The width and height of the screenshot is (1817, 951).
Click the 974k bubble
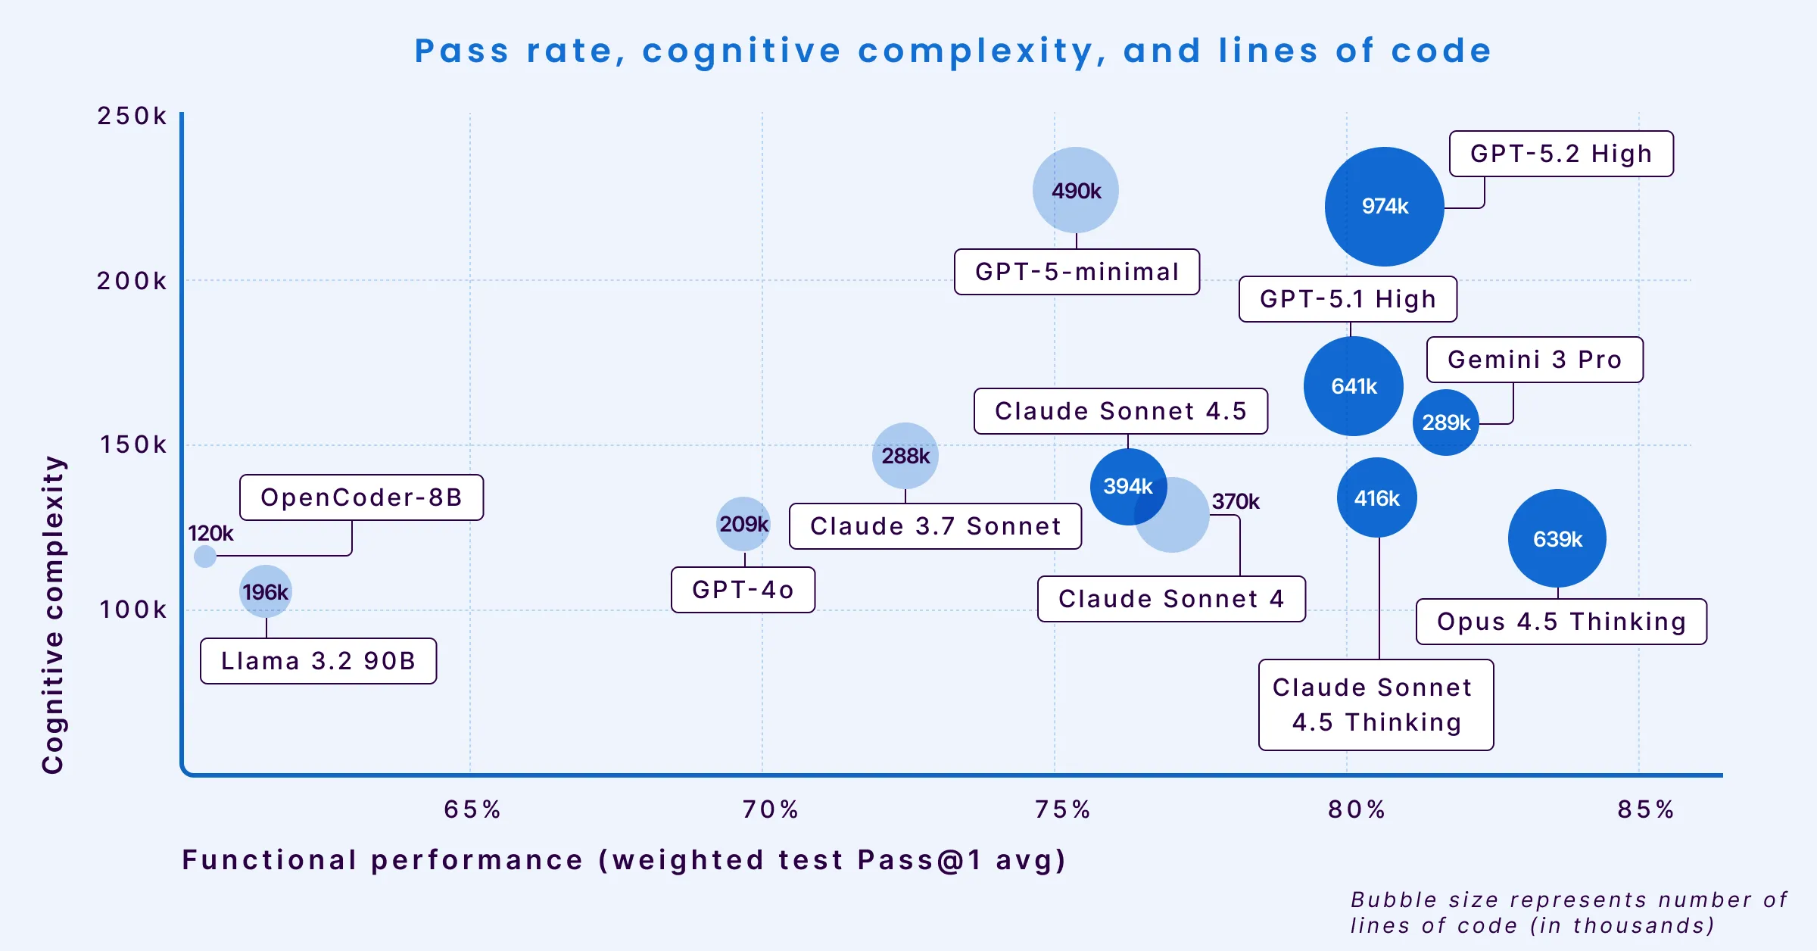click(1384, 206)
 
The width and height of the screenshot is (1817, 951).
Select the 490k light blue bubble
click(1075, 190)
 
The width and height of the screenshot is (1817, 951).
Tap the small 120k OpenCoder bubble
click(205, 557)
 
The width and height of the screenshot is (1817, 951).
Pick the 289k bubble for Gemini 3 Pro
click(1445, 422)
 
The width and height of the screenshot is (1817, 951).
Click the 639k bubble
click(1557, 538)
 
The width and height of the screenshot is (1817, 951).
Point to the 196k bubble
click(265, 591)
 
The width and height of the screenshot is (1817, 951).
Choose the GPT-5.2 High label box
click(1560, 154)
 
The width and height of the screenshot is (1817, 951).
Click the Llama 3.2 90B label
click(318, 661)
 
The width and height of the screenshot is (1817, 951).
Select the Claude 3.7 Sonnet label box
click(935, 526)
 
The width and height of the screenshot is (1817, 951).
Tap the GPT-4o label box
click(743, 590)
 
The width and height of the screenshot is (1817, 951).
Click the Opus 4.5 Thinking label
click(1561, 622)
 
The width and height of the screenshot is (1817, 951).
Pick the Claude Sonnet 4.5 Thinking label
click(1376, 705)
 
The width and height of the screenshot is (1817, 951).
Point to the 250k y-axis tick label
click(132, 116)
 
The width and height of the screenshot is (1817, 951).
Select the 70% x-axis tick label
click(770, 809)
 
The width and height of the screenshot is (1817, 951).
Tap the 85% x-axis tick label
click(1645, 809)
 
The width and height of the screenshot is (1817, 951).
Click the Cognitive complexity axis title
click(53, 614)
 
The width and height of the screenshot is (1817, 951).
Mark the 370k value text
click(1235, 501)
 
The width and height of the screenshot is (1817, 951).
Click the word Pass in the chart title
click(461, 51)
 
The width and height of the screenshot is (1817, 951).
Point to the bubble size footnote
click(1569, 912)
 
